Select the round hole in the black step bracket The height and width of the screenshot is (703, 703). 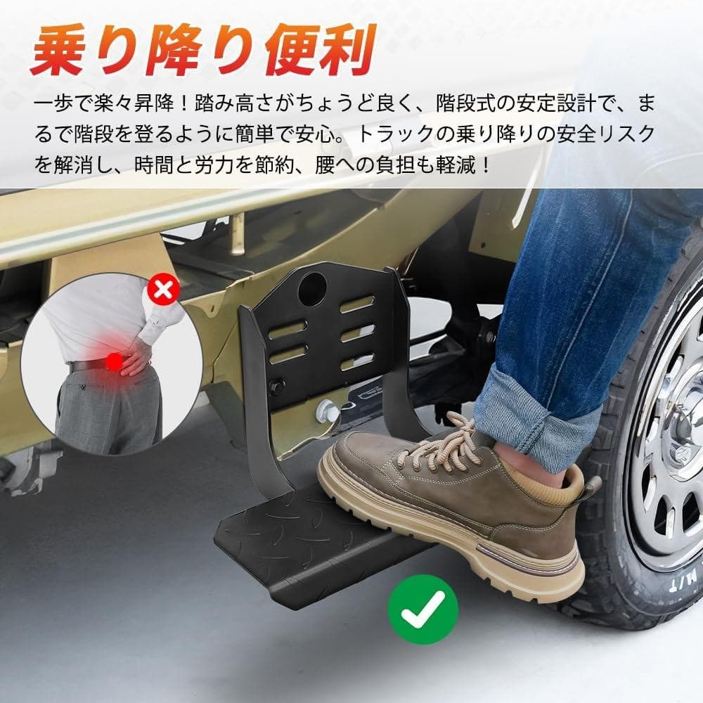pos(311,288)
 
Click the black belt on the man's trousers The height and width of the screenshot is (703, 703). pos(88,365)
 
